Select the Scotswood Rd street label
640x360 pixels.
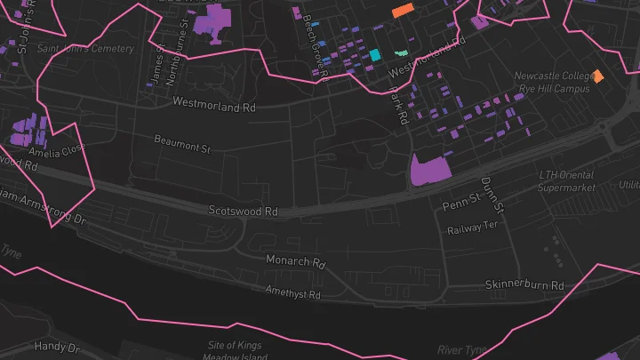[x=243, y=212]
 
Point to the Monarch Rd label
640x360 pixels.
[x=296, y=262]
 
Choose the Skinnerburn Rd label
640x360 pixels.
[x=524, y=285]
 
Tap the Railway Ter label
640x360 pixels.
[x=472, y=228]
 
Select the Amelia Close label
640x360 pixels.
[x=60, y=152]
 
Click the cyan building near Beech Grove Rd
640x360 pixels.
[x=375, y=55]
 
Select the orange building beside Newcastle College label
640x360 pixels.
[x=598, y=76]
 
